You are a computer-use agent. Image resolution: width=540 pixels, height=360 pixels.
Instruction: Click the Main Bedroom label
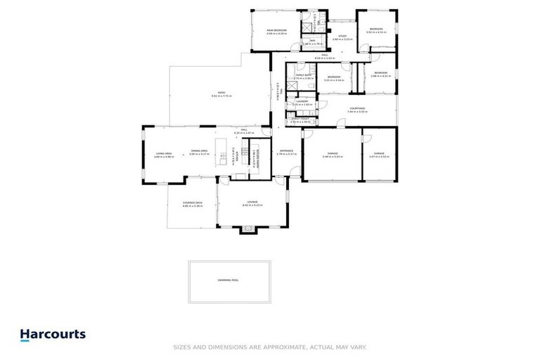click(276, 31)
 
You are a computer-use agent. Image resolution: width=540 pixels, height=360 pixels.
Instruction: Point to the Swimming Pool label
click(229, 280)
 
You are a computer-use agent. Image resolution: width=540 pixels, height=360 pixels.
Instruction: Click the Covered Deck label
click(183, 205)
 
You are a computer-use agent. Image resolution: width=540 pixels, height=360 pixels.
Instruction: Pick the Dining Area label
click(199, 152)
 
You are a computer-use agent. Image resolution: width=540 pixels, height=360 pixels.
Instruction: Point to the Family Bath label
click(304, 76)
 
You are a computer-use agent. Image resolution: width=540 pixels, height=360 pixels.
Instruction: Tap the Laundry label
click(302, 103)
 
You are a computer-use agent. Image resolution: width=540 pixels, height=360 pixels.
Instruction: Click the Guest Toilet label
click(300, 120)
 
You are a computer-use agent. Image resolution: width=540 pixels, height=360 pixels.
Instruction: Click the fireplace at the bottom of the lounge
click(249, 229)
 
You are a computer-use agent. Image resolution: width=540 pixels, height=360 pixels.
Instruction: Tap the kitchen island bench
click(224, 156)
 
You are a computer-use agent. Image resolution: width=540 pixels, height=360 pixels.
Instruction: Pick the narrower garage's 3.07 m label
click(379, 156)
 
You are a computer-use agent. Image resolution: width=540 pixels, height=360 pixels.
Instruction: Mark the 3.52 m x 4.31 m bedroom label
click(376, 30)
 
